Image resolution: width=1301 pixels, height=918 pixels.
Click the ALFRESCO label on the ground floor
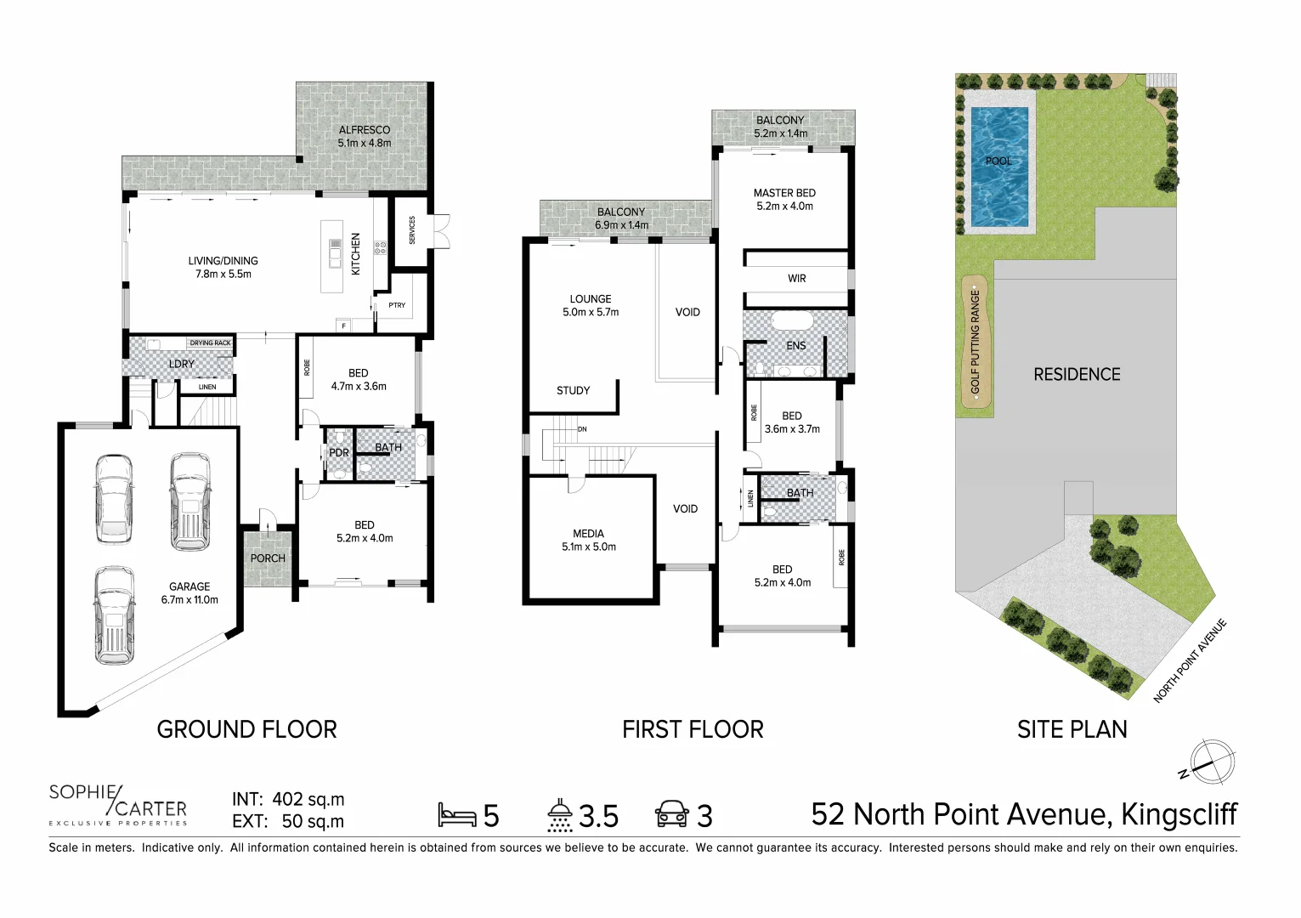365,130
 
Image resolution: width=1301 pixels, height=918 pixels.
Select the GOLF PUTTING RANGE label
976,342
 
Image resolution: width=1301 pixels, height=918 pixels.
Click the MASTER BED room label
784,193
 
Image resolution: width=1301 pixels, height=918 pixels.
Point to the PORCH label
268,558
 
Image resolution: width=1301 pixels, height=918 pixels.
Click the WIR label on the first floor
796,279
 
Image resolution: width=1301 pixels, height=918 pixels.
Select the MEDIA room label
588,534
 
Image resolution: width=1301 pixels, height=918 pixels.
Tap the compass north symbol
1210,762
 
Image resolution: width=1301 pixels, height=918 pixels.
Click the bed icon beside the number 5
456,815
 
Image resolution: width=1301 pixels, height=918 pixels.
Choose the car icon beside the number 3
671,814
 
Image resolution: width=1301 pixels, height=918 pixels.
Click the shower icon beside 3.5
559,815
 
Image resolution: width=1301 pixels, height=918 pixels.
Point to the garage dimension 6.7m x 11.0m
189,600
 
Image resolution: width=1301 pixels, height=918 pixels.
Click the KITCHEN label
356,253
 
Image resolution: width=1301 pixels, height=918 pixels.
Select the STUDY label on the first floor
573,391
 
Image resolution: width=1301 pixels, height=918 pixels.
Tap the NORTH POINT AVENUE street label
1190,661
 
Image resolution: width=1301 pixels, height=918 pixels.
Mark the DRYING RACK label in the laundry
210,343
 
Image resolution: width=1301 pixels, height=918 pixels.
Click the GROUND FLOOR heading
246,729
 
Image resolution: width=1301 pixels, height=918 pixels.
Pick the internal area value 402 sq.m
308,800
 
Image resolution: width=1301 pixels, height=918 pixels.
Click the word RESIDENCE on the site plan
1077,375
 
